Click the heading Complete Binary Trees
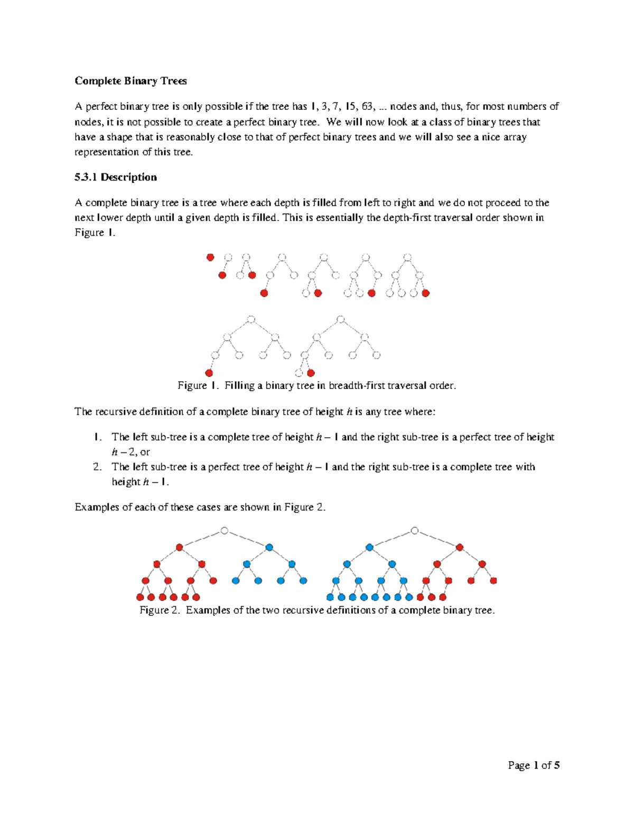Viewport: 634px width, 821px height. point(130,81)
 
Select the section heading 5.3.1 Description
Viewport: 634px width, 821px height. point(116,177)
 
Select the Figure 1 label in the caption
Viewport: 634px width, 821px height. point(198,385)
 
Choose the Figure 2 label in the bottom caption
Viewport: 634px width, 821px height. point(161,610)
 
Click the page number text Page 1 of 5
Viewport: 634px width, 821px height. point(534,765)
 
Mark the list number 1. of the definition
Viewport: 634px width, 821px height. point(97,437)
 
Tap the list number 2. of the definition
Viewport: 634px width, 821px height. point(97,467)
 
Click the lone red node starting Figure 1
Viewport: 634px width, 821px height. point(210,257)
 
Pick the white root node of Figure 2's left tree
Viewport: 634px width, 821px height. point(225,531)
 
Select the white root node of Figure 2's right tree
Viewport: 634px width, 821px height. point(415,531)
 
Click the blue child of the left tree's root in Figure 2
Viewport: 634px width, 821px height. point(269,547)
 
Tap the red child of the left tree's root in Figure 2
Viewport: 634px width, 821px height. point(180,547)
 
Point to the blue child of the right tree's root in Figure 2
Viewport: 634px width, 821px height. point(370,547)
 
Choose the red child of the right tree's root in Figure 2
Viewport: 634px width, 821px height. point(460,547)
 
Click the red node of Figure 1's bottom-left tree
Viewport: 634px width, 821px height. point(209,373)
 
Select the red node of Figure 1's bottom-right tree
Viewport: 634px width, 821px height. point(311,373)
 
